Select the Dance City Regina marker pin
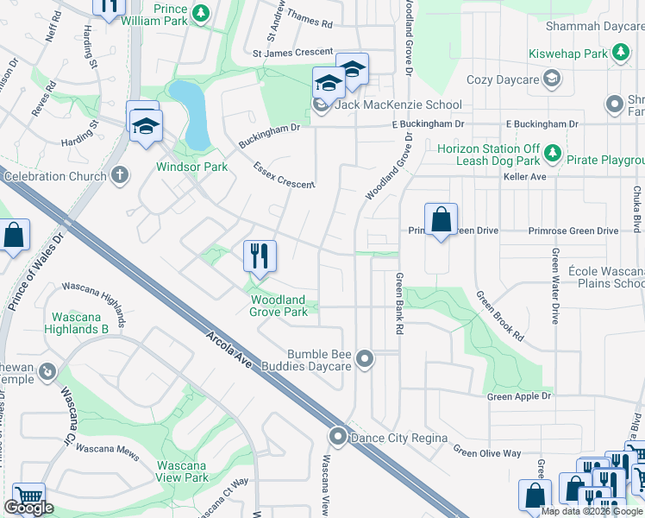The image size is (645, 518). tap(338, 438)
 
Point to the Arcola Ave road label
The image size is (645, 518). tap(229, 348)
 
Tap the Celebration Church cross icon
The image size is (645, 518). tap(120, 176)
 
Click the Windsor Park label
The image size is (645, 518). tap(191, 167)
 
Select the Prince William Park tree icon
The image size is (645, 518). tap(200, 12)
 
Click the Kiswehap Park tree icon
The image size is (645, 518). tap(619, 53)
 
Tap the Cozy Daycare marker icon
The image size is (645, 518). tap(553, 79)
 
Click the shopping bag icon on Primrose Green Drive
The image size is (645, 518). tap(441, 220)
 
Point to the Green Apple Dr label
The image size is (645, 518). tap(518, 396)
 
